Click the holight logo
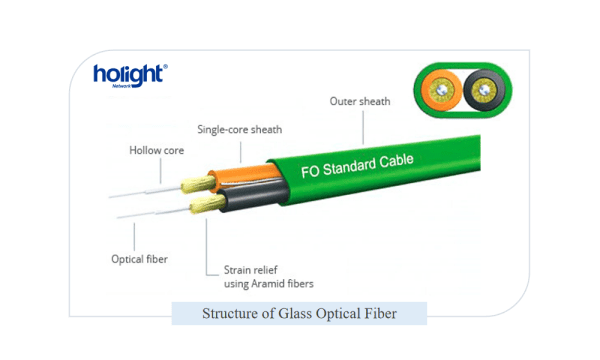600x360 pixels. click(x=130, y=74)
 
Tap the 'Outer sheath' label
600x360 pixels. click(x=360, y=101)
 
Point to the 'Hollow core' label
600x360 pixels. click(x=156, y=151)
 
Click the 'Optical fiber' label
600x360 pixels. click(x=139, y=258)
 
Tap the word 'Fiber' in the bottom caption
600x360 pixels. click(x=380, y=314)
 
